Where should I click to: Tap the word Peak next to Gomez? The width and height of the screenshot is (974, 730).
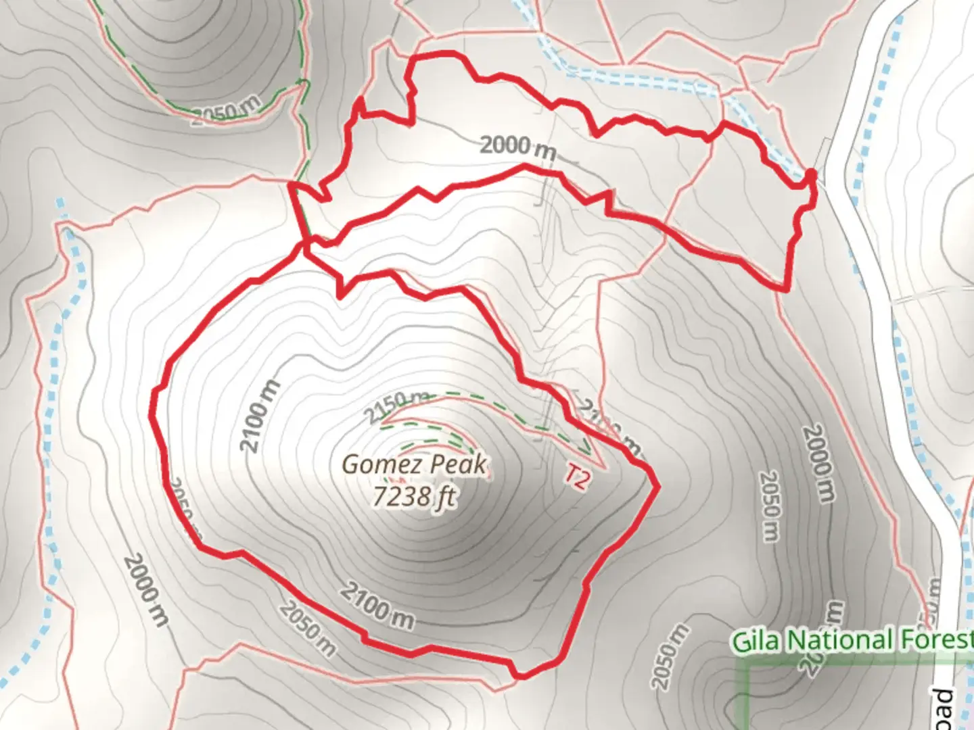pos(459,465)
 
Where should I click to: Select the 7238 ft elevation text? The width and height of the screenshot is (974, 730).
pos(413,497)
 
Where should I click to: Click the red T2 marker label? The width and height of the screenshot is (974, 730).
pos(578,478)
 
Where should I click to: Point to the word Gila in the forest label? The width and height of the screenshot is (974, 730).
pos(756,640)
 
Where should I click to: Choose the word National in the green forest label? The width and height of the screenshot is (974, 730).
pos(839,640)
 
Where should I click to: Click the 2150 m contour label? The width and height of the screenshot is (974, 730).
pos(398,406)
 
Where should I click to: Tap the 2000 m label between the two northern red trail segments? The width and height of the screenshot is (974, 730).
pos(517,147)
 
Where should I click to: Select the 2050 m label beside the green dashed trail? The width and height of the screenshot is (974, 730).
pos(225,110)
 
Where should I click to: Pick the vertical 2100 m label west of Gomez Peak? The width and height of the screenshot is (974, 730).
pos(260,417)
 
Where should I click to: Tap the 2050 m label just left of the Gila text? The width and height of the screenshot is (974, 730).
pos(670,656)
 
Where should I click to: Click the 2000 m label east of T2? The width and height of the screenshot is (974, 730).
pos(818,463)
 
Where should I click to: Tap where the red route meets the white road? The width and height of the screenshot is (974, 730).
pos(812,177)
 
